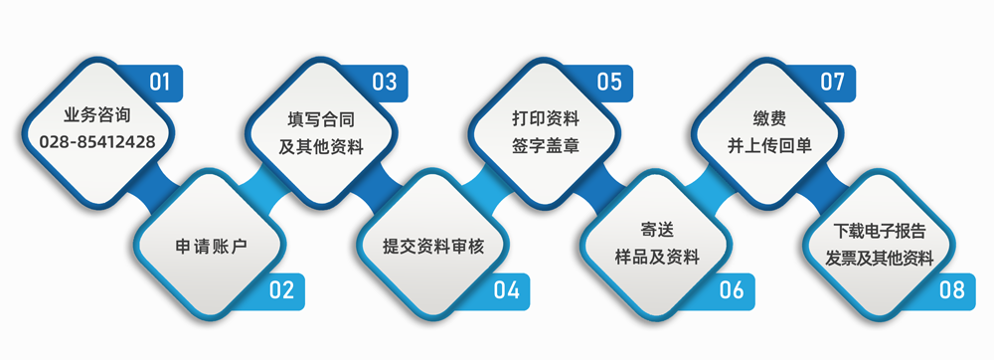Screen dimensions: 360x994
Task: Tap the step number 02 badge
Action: [281, 290]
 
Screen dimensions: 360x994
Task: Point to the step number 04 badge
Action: [506, 290]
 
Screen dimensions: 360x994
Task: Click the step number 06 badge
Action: [731, 290]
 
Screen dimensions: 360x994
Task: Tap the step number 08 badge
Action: [951, 290]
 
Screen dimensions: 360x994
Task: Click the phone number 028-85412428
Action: [97, 142]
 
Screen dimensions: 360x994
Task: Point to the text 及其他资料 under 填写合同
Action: [321, 145]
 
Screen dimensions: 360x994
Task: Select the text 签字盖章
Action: [546, 145]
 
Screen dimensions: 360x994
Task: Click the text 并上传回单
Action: [769, 145]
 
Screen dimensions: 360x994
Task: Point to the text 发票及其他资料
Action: [880, 259]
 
